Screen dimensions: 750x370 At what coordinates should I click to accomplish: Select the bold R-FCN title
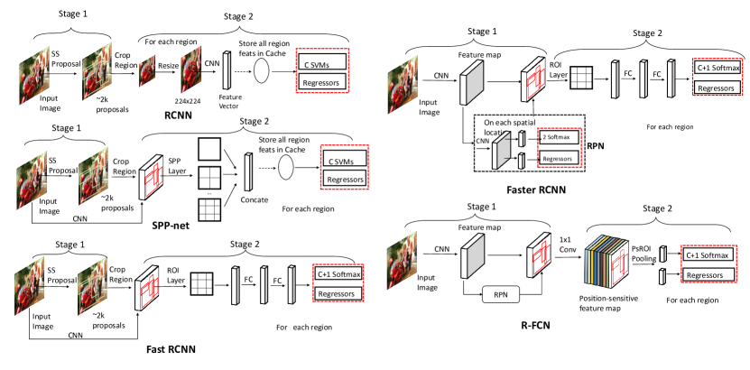coord(535,327)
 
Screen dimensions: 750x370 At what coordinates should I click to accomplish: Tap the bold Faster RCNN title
coord(536,190)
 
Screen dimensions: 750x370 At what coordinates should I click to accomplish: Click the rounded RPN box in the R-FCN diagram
coord(501,296)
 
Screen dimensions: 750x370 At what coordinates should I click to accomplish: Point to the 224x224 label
coord(190,101)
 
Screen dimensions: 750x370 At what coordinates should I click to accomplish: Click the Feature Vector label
coord(227,100)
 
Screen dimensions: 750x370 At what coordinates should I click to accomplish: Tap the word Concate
coord(254,199)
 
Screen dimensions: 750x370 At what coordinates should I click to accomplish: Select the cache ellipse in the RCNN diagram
coord(262,69)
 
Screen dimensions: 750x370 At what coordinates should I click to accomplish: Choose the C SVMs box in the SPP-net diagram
coord(345,159)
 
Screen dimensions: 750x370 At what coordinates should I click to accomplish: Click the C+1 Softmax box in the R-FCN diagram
coord(708,254)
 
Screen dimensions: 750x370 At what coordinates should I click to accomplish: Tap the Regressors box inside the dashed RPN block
coord(559,157)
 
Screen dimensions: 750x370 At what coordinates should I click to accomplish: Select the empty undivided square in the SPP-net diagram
coord(209,149)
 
